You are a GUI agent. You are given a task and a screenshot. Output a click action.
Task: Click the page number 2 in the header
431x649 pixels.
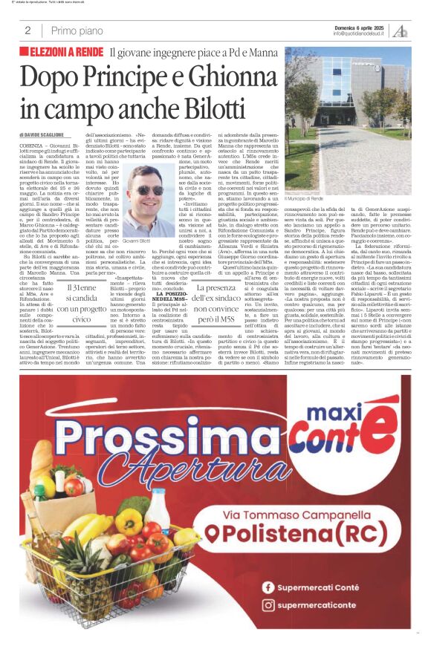27,30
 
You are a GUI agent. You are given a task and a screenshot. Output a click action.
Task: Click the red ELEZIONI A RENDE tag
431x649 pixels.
65,52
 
